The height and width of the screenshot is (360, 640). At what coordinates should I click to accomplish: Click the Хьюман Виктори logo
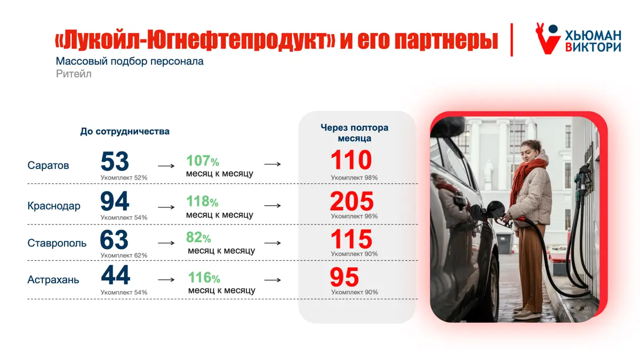click(578, 38)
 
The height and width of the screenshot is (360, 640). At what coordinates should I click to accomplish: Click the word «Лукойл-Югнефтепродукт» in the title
click(195, 41)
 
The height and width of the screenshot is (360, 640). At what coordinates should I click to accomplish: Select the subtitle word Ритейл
click(74, 74)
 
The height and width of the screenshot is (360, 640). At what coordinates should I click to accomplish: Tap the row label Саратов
click(48, 165)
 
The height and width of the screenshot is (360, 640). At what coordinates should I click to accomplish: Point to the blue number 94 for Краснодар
click(115, 201)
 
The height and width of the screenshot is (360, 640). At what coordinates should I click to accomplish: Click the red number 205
click(351, 201)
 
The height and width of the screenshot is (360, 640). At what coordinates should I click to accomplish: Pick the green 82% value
click(198, 237)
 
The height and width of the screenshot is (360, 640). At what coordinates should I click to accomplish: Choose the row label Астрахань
click(53, 279)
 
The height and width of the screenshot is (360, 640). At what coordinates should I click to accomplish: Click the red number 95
click(345, 277)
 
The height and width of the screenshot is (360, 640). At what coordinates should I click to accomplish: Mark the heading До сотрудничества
click(125, 131)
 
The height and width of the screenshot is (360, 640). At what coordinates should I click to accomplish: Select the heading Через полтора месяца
click(354, 133)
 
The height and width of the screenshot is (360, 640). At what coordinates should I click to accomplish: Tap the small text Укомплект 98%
click(354, 178)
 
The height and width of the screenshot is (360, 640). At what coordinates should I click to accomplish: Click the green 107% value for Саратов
click(203, 161)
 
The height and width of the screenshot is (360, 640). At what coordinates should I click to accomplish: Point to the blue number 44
click(115, 275)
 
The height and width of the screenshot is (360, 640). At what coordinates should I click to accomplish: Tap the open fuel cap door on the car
click(495, 210)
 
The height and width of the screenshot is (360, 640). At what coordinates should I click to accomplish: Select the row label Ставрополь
click(57, 243)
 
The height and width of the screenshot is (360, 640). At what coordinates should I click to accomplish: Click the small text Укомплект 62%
click(124, 255)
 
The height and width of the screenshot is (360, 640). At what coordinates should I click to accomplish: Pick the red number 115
click(351, 239)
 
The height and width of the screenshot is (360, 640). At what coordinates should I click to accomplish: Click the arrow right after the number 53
click(166, 166)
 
